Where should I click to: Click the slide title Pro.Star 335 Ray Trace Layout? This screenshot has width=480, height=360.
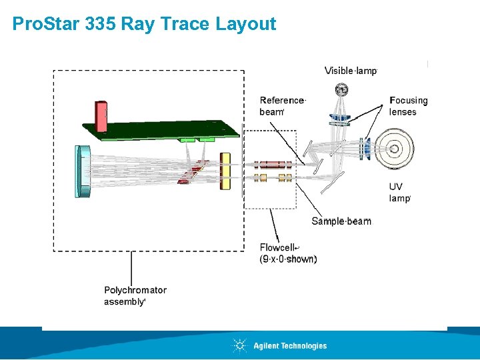pyautogui.click(x=144, y=25)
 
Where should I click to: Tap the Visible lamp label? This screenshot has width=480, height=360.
pyautogui.click(x=351, y=71)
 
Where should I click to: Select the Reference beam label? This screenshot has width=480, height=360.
pyautogui.click(x=282, y=106)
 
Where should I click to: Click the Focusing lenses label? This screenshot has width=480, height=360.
pyautogui.click(x=408, y=106)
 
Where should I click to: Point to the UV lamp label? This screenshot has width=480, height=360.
pyautogui.click(x=399, y=192)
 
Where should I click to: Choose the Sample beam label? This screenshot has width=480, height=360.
pyautogui.click(x=341, y=221)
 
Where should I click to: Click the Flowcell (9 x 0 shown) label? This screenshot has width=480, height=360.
pyautogui.click(x=288, y=253)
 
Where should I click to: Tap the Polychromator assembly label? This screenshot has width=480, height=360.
pyautogui.click(x=135, y=295)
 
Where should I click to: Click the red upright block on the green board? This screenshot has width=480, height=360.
pyautogui.click(x=101, y=116)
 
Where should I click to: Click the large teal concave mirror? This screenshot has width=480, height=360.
pyautogui.click(x=83, y=172)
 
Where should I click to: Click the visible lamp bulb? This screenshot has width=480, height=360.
pyautogui.click(x=342, y=89)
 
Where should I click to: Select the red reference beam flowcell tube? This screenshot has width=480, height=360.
pyautogui.click(x=271, y=164)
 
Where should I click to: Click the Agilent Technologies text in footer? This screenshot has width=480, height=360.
pyautogui.click(x=290, y=345)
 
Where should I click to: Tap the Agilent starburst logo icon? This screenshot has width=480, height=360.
pyautogui.click(x=239, y=345)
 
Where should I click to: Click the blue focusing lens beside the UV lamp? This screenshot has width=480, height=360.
pyautogui.click(x=365, y=148)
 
